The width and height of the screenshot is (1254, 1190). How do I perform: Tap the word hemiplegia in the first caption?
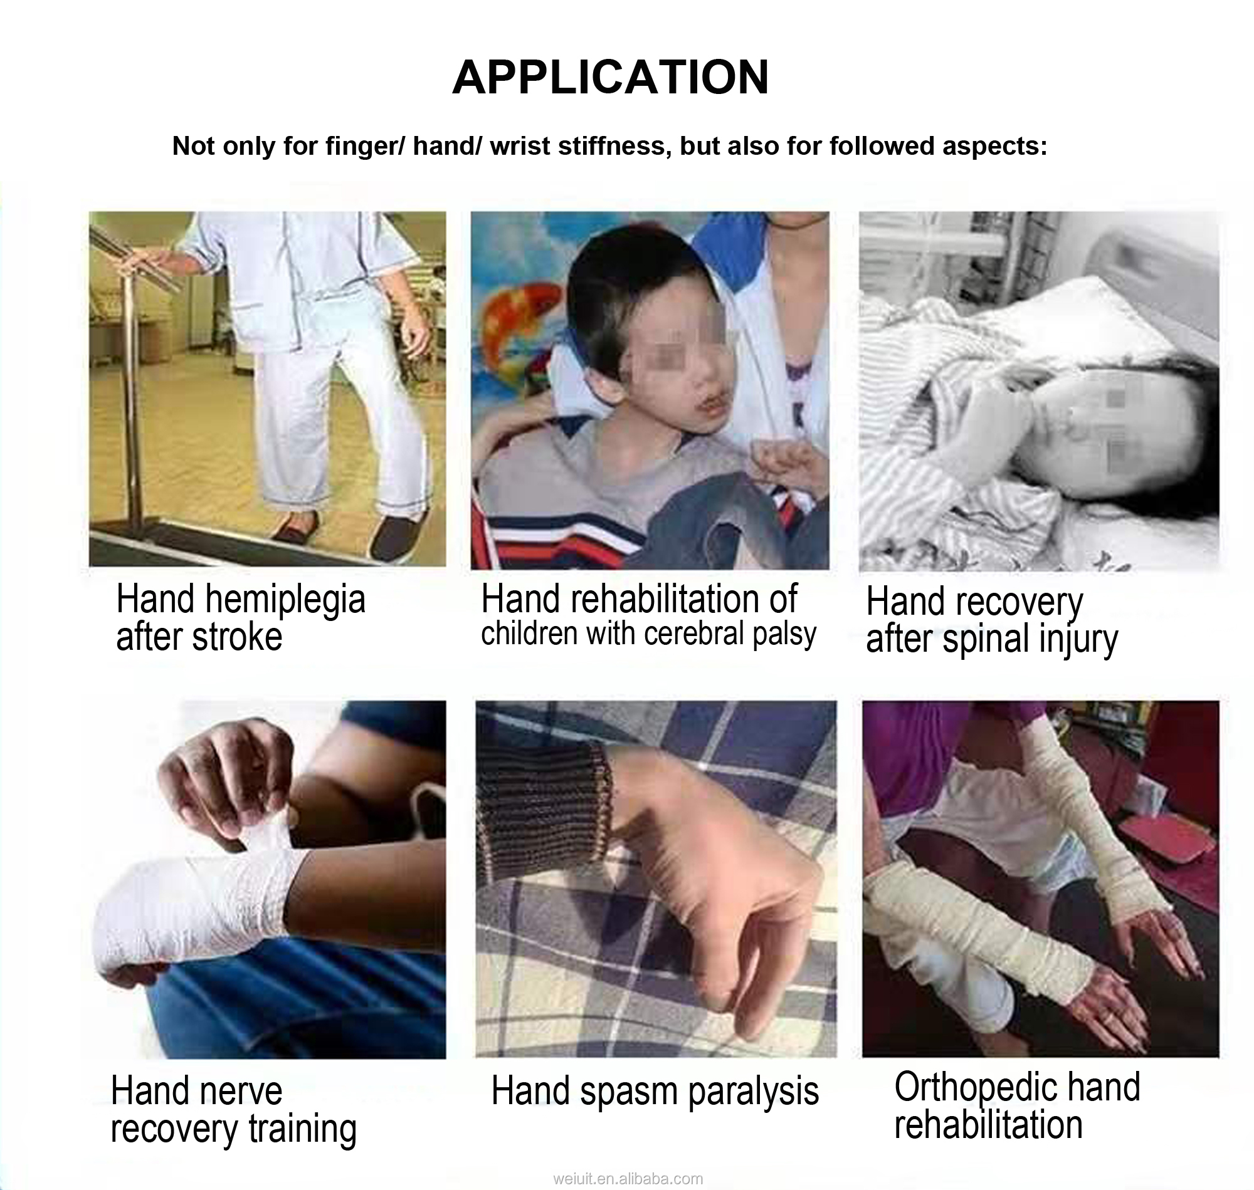(285, 600)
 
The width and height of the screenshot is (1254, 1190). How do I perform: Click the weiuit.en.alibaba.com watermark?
(628, 1179)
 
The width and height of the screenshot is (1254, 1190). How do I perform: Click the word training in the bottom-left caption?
(302, 1130)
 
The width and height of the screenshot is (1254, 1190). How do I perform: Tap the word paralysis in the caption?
(753, 1092)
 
